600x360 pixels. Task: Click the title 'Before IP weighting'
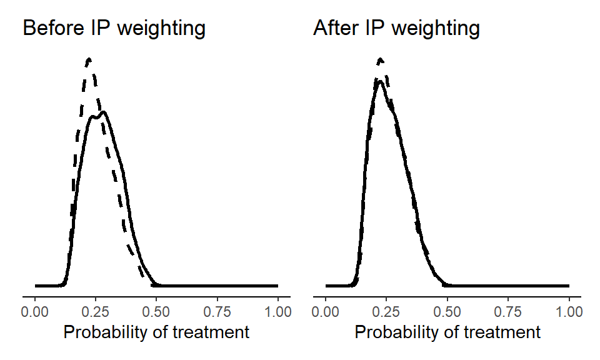(114, 28)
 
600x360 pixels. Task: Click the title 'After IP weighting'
(397, 28)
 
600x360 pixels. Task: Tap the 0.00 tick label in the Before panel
(36, 310)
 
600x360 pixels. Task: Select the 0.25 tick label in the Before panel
(96, 310)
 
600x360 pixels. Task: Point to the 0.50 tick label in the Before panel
(157, 310)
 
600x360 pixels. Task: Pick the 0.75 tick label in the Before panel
(217, 310)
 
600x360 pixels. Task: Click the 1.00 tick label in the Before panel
(277, 310)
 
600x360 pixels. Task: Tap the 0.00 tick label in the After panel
(326, 310)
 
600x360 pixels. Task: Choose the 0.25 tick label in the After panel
(386, 310)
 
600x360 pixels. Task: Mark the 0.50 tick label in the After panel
(447, 310)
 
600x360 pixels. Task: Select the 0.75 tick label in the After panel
(507, 310)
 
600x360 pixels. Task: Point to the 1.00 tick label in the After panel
(568, 310)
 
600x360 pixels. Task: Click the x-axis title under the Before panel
(157, 332)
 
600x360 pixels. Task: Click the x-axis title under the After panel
(447, 332)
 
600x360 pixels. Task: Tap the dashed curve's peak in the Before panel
(89, 59)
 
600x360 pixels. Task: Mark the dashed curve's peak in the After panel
(380, 59)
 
